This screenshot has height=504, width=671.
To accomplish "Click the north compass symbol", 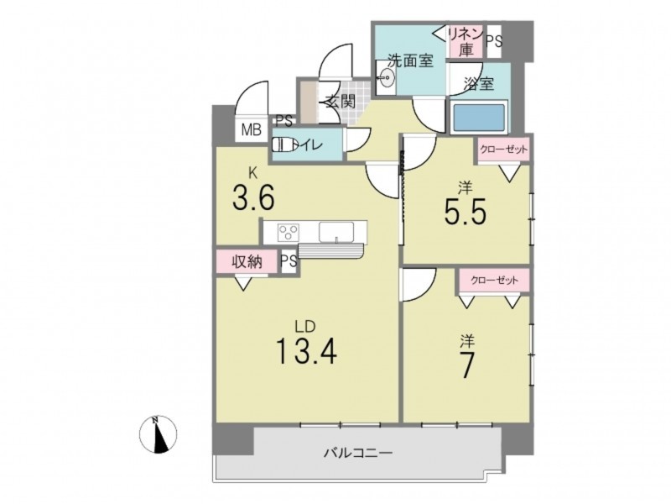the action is tap(158, 433).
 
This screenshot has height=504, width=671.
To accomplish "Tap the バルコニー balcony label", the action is tap(358, 453).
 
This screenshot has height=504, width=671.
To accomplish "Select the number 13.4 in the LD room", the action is tap(307, 350).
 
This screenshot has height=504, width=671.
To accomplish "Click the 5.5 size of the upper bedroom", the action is tap(466, 212).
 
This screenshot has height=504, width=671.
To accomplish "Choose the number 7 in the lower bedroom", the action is tap(467, 365).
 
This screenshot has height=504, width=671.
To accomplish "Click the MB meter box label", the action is tap(251, 129).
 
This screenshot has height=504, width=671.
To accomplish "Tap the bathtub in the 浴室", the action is tap(479, 118).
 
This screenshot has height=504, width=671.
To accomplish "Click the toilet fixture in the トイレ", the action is tap(284, 144).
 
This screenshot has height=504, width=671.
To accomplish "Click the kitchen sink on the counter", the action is tap(336, 233).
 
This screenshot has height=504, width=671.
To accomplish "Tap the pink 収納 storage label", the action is tap(247, 261).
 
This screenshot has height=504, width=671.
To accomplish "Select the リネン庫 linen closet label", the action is tap(466, 41).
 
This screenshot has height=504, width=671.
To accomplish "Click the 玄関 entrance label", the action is tap(341, 102).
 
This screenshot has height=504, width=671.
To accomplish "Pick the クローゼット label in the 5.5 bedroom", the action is tap(504, 150).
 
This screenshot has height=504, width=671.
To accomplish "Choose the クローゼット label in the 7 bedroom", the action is tap(494, 281).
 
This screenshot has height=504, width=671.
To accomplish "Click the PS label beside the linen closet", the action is tap(494, 41).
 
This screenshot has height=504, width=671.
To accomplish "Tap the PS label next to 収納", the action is tap(289, 261).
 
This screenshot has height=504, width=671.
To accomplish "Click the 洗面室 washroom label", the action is tap(410, 60).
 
